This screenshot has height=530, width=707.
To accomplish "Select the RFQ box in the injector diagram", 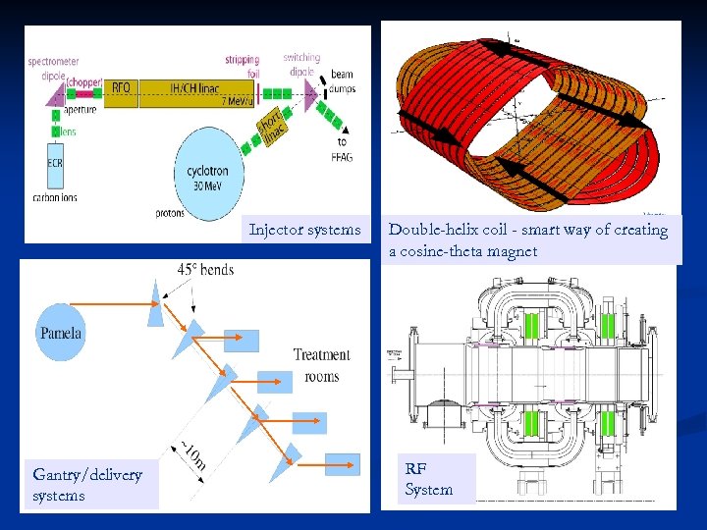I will click(120, 88).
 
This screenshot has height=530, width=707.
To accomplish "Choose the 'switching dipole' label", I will click(301, 64).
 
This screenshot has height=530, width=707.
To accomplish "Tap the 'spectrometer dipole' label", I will click(54, 66).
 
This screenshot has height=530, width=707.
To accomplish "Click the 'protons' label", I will click(169, 213).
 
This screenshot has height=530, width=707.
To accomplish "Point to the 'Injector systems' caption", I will click(304, 230).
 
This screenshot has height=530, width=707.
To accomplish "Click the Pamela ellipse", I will click(61, 332).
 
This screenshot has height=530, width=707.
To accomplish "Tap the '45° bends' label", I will click(205, 269).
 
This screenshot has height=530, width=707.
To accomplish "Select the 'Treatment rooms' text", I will click(321, 364).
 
